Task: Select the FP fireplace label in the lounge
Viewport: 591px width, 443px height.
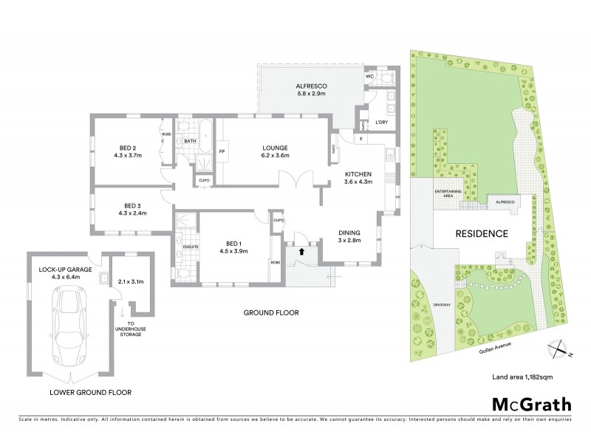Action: (x=222, y=152)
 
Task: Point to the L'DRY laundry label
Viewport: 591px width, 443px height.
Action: (x=381, y=122)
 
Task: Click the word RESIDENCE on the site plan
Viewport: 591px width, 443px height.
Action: (x=481, y=233)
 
